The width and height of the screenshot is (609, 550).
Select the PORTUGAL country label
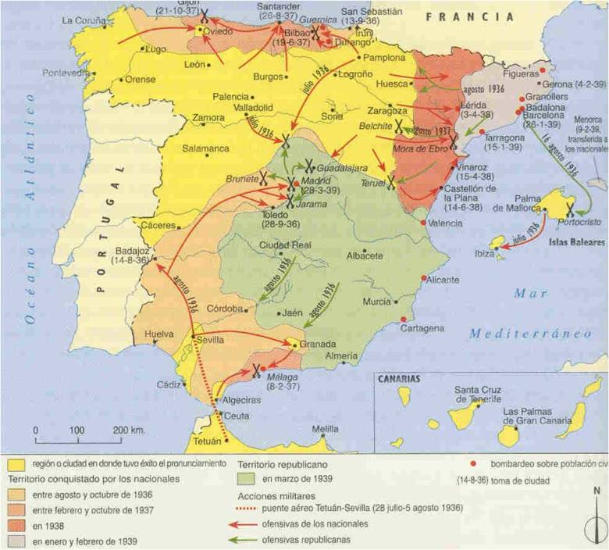110,227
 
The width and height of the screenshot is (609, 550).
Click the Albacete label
364,255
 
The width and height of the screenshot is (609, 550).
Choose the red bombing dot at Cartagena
403,320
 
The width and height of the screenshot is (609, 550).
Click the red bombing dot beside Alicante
424,279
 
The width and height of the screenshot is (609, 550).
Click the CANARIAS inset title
400,379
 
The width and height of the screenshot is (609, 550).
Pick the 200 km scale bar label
129,430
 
